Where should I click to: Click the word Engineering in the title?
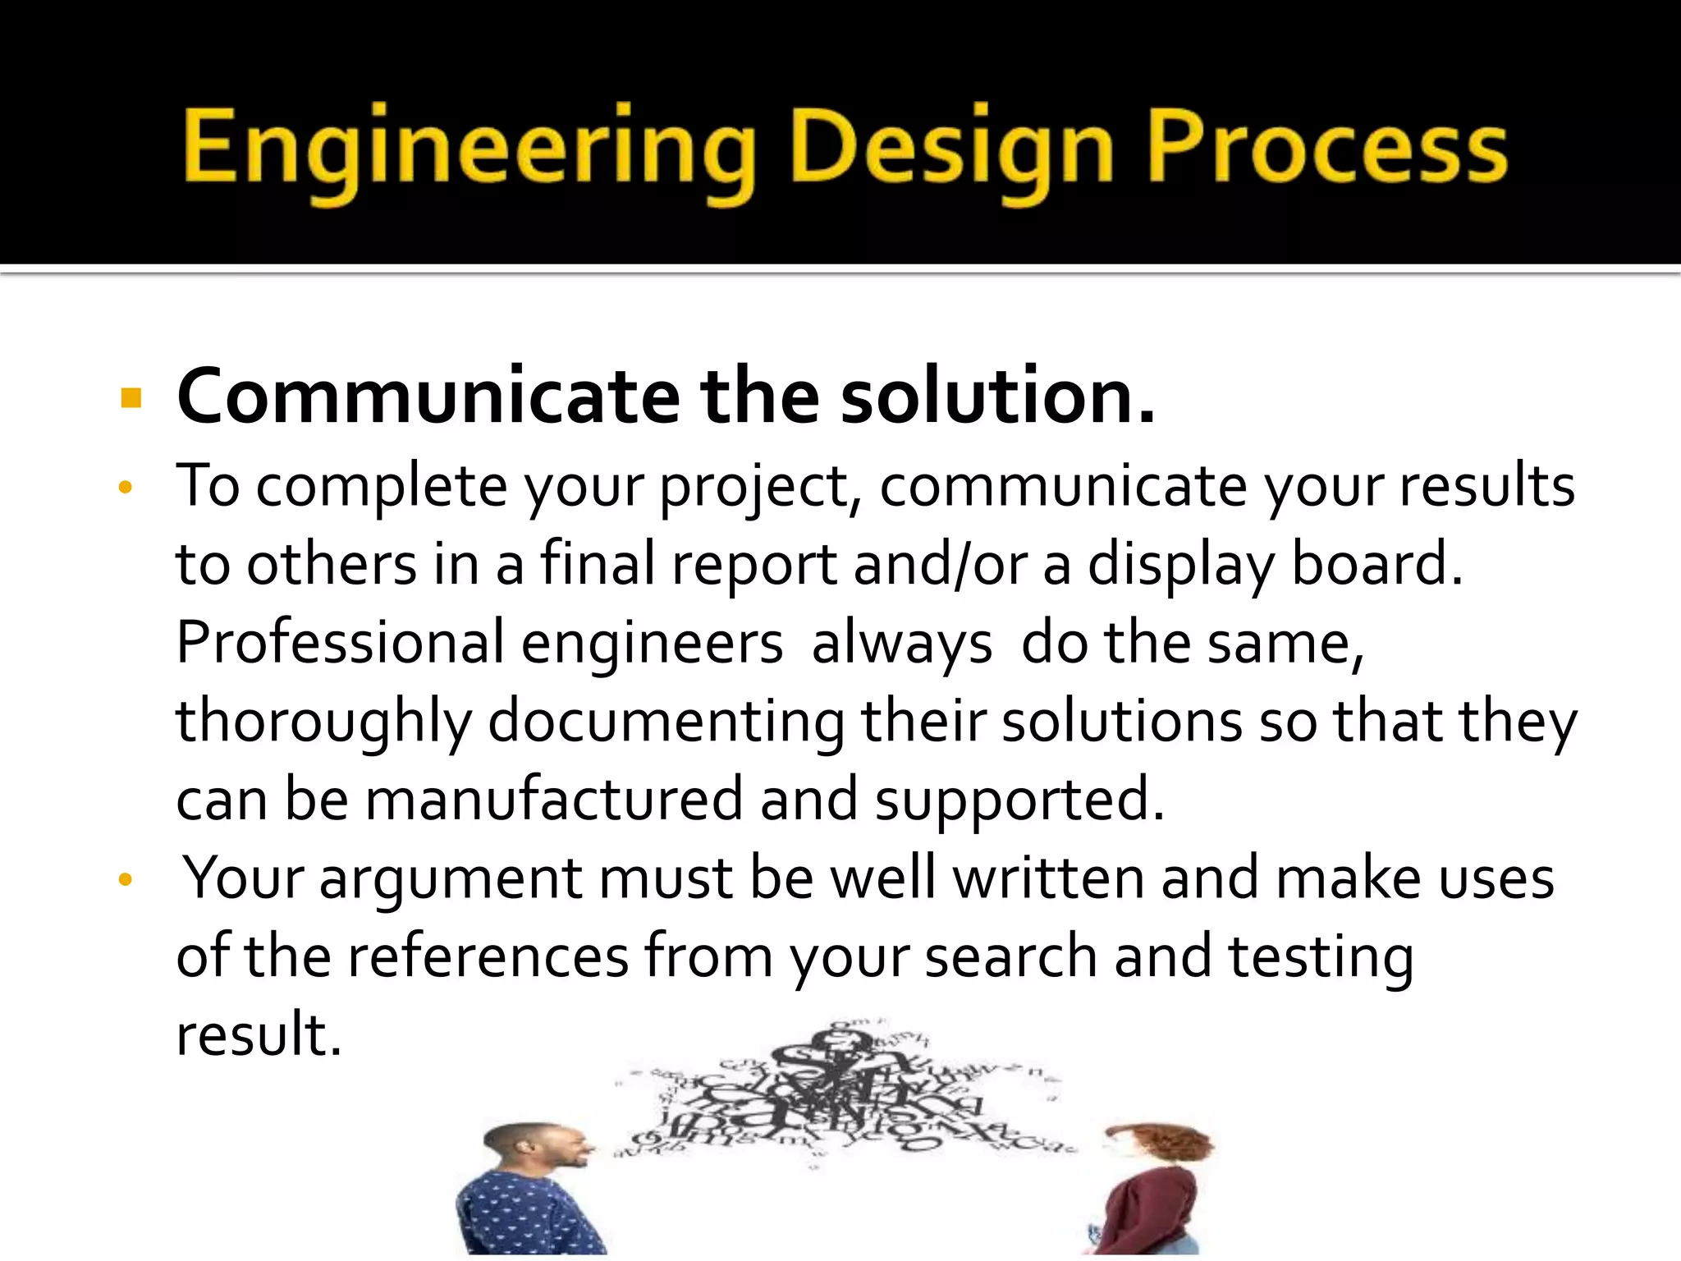468,148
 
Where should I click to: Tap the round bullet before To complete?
125,488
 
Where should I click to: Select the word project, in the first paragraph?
759,487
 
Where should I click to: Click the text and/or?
940,565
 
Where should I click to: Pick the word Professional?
341,643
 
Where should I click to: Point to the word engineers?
653,643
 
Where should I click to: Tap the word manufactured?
554,800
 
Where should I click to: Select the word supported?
1018,800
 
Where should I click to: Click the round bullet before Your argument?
125,880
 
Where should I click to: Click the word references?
488,956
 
